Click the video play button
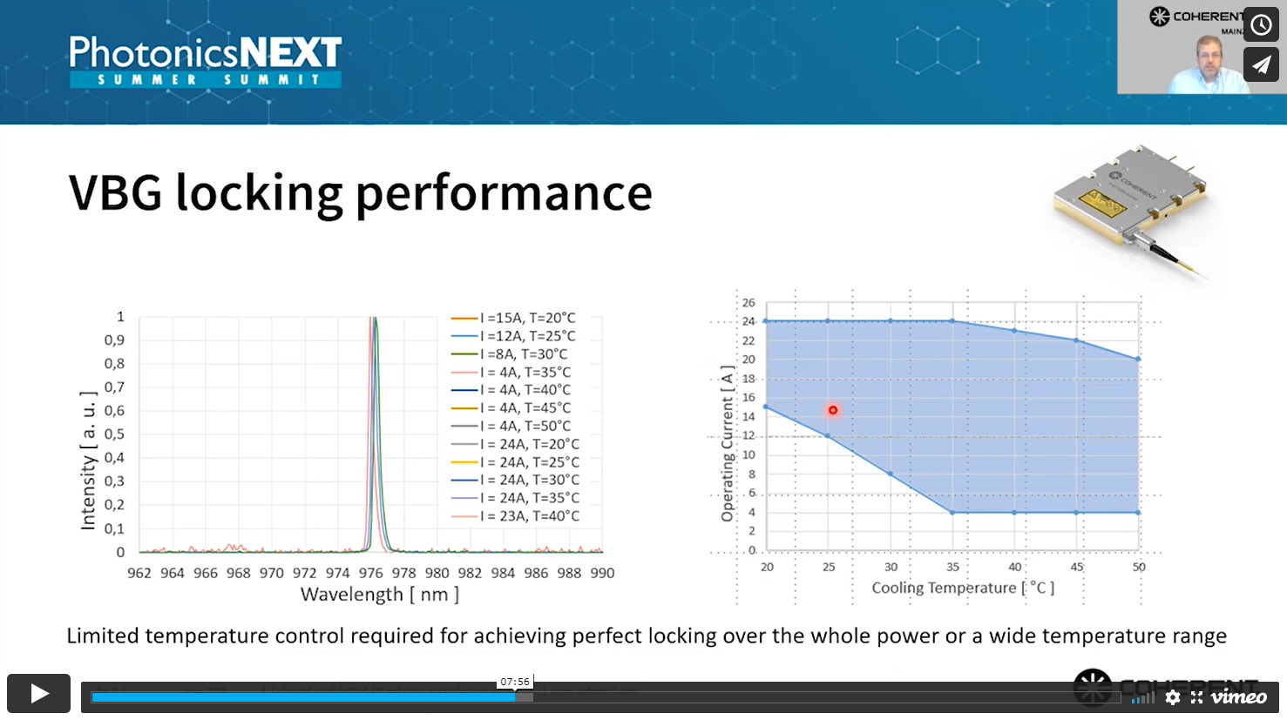(39, 693)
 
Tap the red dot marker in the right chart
(833, 410)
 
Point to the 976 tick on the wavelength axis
(370, 573)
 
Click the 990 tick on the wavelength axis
(602, 573)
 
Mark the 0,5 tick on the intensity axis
(114, 434)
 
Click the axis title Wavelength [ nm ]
(379, 595)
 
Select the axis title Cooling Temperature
(963, 589)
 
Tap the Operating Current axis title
(728, 444)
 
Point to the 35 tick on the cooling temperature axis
(952, 567)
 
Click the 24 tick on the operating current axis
(748, 321)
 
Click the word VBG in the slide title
(115, 193)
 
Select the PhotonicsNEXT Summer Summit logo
(206, 61)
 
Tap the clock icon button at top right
(1261, 24)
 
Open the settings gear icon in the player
(1173, 697)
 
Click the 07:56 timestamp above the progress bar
(515, 682)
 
